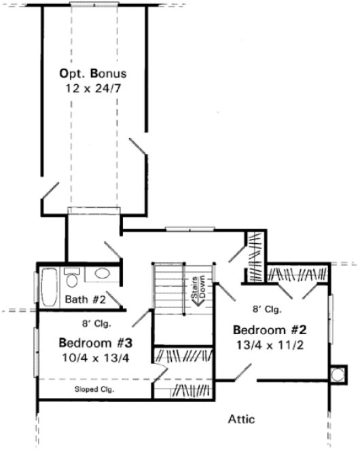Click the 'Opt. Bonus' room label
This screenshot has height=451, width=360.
point(93,73)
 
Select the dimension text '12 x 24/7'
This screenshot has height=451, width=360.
point(93,87)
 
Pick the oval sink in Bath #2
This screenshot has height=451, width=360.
point(102,274)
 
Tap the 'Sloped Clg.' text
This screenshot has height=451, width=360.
point(94,390)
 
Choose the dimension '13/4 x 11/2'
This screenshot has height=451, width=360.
point(270,344)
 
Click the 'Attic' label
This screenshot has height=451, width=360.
point(240,419)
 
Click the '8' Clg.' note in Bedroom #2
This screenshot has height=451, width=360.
point(267,309)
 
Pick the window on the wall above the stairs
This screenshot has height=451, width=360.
point(185,230)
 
